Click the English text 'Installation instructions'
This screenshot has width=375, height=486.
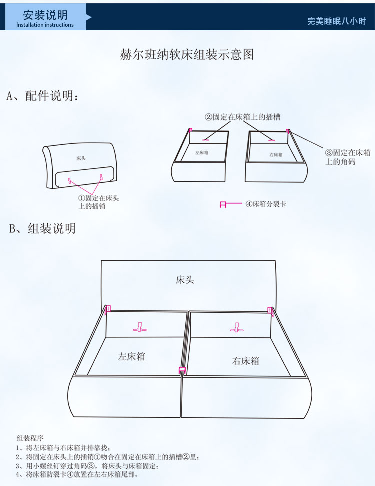pos(45,25)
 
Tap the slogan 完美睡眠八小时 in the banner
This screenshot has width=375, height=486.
pos(337,21)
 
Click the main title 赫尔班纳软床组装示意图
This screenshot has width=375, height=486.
pos(187,55)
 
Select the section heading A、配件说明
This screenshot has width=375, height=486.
pos(43,96)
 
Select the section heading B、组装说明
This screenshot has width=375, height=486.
pos(43,228)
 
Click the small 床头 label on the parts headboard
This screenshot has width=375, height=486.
pos(81,158)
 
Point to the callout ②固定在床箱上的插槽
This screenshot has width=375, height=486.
pos(242,117)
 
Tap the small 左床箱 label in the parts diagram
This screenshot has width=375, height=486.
pos(202,153)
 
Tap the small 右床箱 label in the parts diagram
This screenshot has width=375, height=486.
pos(276,155)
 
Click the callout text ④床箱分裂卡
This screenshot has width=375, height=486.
pos(266,204)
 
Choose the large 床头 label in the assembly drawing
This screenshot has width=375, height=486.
pos(185,280)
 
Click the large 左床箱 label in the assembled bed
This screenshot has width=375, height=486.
pos(131,356)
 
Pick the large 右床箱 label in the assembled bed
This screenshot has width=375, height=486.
pos(245,361)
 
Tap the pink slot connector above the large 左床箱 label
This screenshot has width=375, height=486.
pos(140,327)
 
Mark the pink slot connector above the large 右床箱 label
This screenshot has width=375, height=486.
pos(237,327)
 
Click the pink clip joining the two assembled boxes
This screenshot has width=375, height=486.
pos(182,370)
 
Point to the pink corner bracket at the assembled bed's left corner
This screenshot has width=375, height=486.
pos(108,309)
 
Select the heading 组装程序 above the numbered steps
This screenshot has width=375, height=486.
pos(30,438)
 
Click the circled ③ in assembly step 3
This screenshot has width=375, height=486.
pos(91,466)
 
